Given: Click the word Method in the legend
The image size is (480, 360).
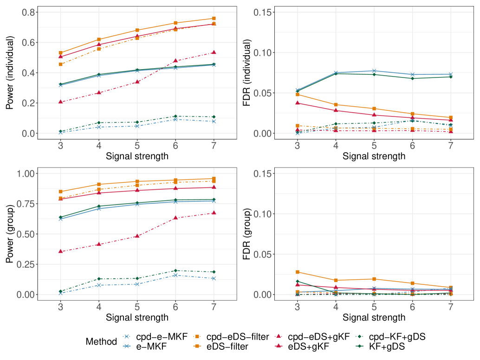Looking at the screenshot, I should pos(101,341).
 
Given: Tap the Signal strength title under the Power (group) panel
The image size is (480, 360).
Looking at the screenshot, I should pos(137,318).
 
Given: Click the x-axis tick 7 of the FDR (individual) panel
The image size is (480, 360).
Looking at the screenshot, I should pos(450,146).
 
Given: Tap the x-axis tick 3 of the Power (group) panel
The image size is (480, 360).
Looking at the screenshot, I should pos(61,307).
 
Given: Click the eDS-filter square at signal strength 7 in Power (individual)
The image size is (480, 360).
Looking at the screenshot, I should pos(214,19).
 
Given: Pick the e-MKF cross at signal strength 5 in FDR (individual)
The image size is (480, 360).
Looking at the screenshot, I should pos(374,71).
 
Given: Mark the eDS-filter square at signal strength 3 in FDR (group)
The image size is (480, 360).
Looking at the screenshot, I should pos(297,272).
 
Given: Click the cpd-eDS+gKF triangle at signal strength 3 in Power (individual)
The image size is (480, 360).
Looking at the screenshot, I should pos(61,102).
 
